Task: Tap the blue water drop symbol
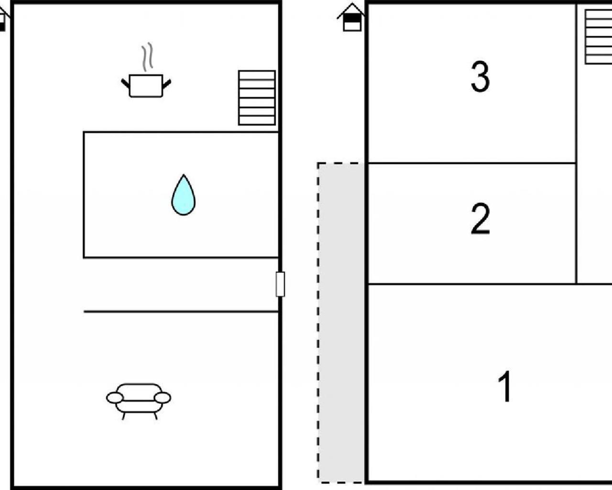pos(184,195)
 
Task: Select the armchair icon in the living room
pos(139,401)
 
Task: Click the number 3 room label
pos(481,77)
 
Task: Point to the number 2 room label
pos(481,219)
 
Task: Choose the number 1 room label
pos(505,386)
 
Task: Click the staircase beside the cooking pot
pos(257,98)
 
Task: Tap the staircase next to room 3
pos(598,37)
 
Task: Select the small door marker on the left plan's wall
pos(280,284)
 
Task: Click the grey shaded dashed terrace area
pos(341,323)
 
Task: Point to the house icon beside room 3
pos(352,17)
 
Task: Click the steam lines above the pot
pos(147,56)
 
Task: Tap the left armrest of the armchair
pos(115,398)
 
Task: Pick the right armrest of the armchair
pos(162,398)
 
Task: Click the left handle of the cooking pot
pos(125,83)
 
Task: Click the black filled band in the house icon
pos(352,18)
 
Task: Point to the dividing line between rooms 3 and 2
pos(472,163)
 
